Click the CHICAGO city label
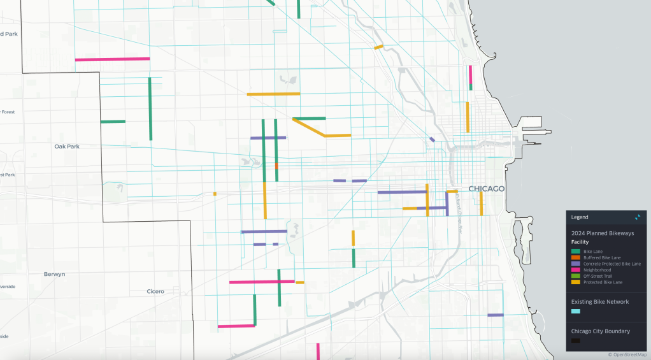[487, 189]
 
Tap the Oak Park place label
[67, 147]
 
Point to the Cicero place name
[155, 292]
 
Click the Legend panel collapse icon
[638, 217]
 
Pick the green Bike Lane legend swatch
[575, 252]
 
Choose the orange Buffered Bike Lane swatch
[575, 258]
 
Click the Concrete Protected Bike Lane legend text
[612, 264]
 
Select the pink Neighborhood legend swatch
[575, 270]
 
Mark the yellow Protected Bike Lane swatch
[575, 282]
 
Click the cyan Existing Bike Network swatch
[575, 311]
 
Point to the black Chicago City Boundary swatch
[575, 341]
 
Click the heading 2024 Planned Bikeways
[601, 233]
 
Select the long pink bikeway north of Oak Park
[112, 59]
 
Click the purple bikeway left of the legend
[495, 315]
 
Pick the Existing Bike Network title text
[599, 301]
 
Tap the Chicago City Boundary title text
[600, 331]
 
